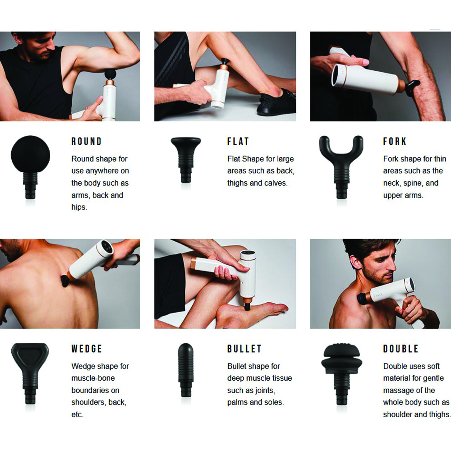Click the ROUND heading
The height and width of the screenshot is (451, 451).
click(x=87, y=142)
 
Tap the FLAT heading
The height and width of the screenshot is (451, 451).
click(x=238, y=142)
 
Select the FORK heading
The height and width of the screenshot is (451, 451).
click(x=395, y=142)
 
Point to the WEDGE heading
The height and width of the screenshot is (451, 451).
click(x=87, y=349)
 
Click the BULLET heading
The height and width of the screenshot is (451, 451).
click(x=244, y=349)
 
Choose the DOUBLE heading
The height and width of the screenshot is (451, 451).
click(x=401, y=349)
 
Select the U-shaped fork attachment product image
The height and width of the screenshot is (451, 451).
click(x=341, y=165)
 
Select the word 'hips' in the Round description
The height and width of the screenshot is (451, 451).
click(x=78, y=207)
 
